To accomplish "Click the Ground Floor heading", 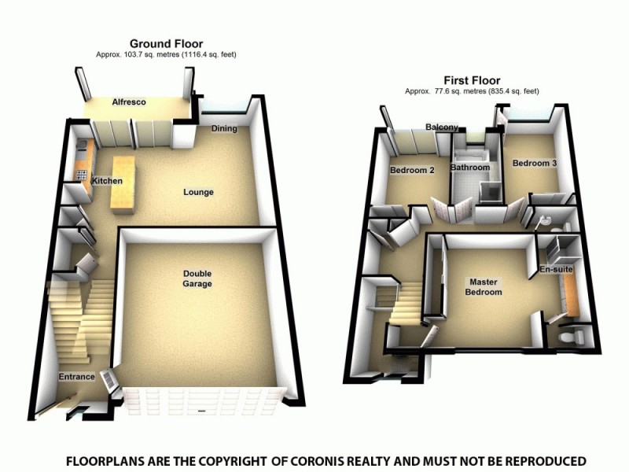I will point(166,43).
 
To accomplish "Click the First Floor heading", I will point(472,80).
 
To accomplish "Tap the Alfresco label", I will point(129,102).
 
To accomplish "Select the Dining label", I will point(224,129).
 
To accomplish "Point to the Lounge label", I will point(198,192).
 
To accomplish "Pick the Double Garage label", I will point(198,278).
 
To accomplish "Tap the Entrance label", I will point(76,377).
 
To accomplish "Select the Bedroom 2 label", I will point(413,170).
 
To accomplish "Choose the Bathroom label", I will point(470,168).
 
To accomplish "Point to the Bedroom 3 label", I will point(535,164).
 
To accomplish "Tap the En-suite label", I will point(556,270).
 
